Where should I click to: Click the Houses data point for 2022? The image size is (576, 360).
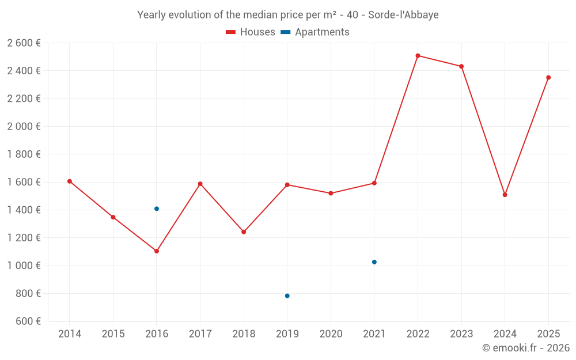click(418, 56)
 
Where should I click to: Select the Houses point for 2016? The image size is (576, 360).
click(157, 251)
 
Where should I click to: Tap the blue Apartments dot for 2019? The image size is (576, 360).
click(287, 296)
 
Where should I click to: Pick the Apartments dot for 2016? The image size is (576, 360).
click(157, 209)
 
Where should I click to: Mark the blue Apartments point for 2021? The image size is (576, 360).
click(374, 262)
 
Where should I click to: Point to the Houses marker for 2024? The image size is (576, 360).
click(505, 195)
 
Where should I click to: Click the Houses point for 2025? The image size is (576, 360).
click(548, 78)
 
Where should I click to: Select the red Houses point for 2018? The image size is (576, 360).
click(244, 232)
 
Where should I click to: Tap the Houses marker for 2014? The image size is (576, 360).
click(70, 181)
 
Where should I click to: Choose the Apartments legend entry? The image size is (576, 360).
click(316, 32)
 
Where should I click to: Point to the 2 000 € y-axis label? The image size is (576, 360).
click(24, 127)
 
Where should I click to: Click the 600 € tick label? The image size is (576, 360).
click(27, 321)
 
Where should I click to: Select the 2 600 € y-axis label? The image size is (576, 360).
click(24, 43)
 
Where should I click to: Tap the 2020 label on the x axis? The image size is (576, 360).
click(331, 334)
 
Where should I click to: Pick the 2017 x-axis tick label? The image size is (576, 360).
click(200, 334)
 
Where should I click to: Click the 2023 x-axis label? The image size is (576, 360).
click(461, 334)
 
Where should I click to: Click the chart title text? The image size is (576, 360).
click(288, 15)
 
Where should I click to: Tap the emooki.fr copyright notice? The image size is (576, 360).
click(526, 348)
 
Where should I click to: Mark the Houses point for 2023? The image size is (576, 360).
click(461, 66)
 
